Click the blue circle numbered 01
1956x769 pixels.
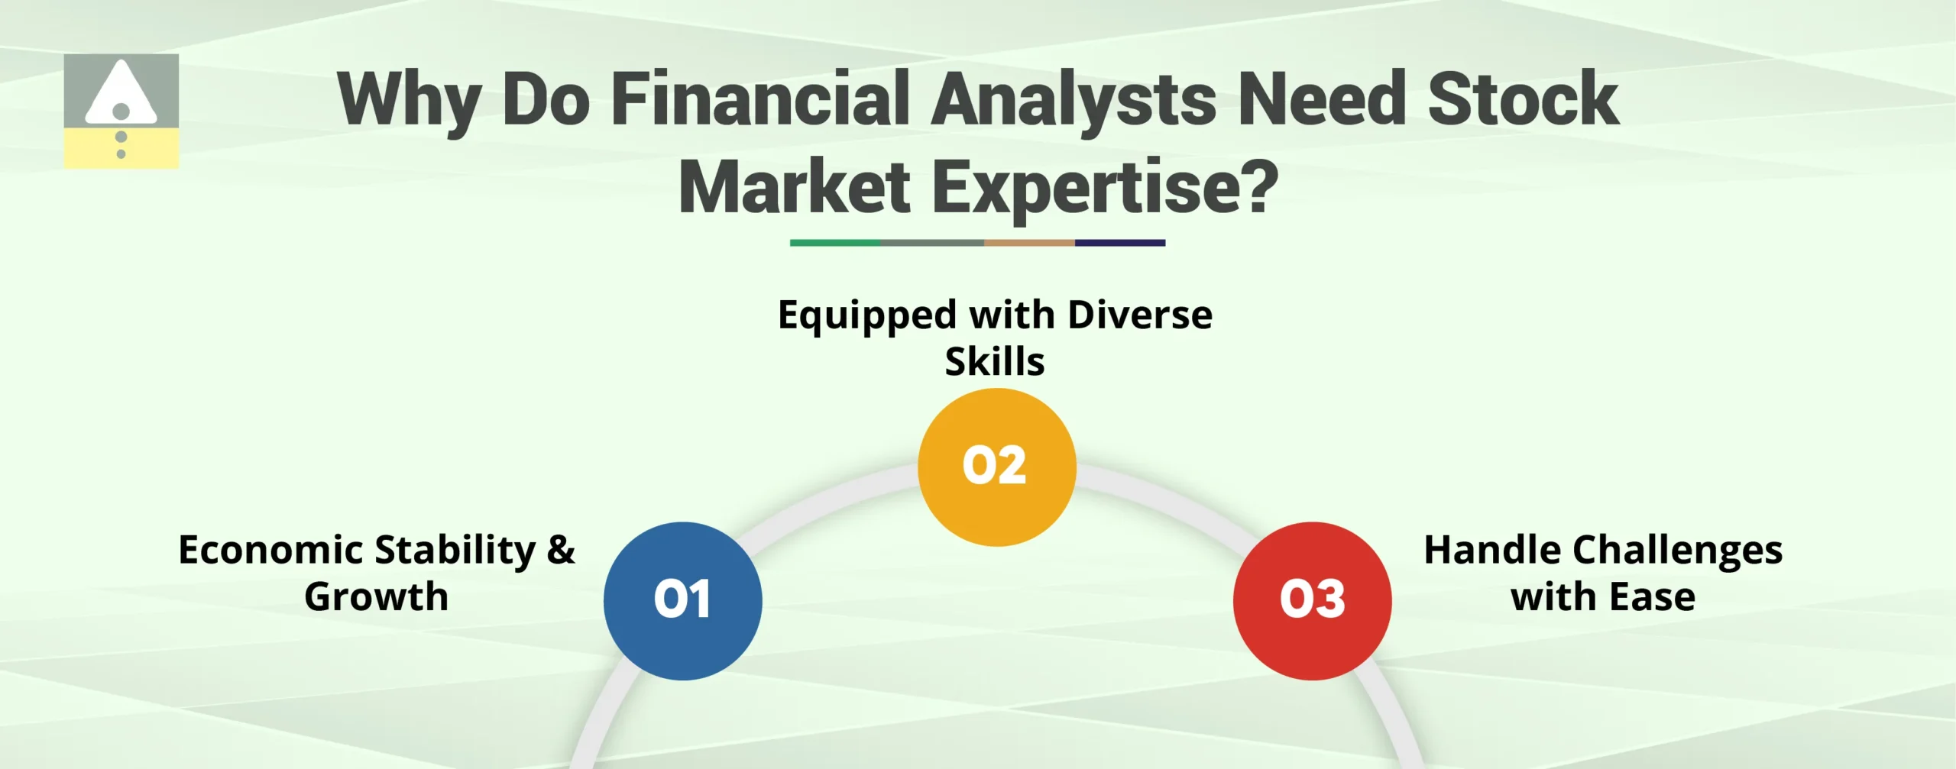[682, 601]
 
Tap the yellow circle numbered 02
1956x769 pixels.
[996, 467]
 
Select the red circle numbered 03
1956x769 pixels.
[1312, 601]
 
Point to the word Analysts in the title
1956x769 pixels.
[1074, 99]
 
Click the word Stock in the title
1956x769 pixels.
[1522, 99]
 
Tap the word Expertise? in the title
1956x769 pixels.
[1105, 187]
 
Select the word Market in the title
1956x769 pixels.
[795, 187]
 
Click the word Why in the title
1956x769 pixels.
[409, 99]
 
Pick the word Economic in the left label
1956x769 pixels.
[270, 550]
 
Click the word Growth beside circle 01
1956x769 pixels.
[376, 596]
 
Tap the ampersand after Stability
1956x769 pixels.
[561, 550]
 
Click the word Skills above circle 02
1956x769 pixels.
[995, 361]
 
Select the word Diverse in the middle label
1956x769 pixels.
[1140, 315]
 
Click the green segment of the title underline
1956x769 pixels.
[834, 243]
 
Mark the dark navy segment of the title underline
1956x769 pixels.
[1120, 243]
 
